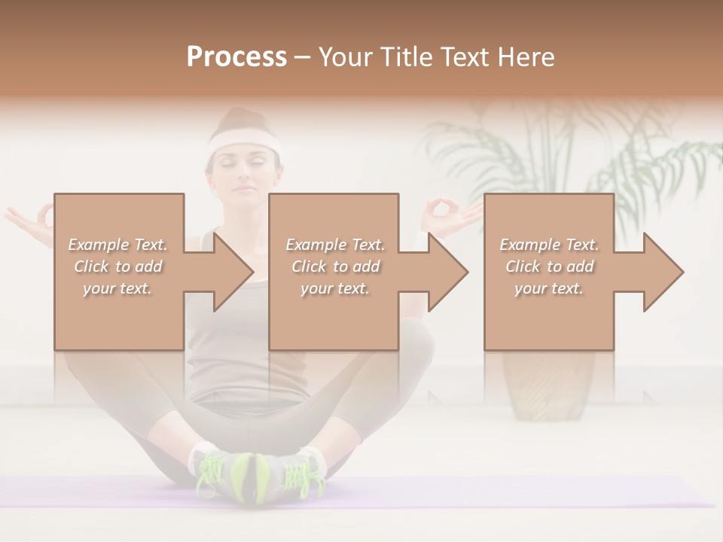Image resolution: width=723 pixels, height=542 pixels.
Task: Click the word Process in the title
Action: click(x=236, y=57)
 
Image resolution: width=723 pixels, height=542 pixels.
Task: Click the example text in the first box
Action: click(x=117, y=266)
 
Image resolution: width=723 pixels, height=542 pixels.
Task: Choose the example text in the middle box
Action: click(x=335, y=266)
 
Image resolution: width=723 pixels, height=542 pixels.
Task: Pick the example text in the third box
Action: click(x=549, y=266)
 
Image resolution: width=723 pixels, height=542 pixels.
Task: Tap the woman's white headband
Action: click(x=243, y=142)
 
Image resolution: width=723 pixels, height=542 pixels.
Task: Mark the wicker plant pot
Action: click(x=548, y=384)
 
